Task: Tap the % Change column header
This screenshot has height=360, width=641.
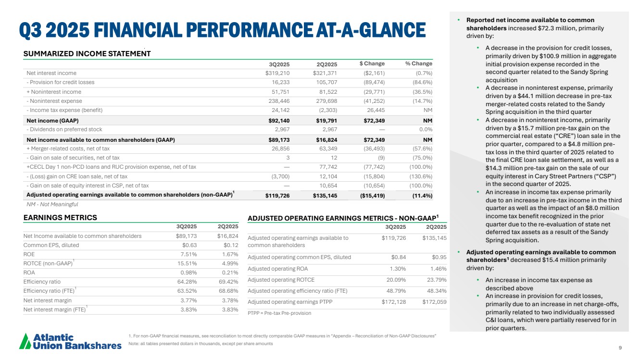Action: click(x=418, y=64)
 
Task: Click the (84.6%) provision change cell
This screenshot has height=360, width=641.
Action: click(x=422, y=82)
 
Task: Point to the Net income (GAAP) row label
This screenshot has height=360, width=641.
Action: click(x=52, y=120)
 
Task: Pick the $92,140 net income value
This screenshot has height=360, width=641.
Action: click(x=277, y=120)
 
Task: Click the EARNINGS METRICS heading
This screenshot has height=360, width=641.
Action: click(x=60, y=218)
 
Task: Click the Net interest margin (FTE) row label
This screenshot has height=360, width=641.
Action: click(x=54, y=310)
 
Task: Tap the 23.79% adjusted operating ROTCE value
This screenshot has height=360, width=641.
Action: click(x=435, y=280)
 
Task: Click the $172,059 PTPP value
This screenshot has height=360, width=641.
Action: click(x=435, y=302)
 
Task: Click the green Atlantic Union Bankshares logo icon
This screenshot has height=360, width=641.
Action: click(x=25, y=341)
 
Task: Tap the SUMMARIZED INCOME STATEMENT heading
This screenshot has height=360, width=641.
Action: click(x=87, y=53)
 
